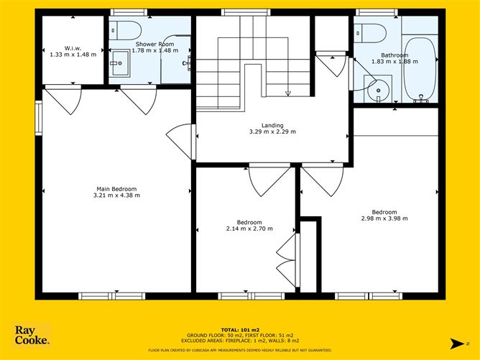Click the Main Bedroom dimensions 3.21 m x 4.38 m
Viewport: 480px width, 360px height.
tap(116, 195)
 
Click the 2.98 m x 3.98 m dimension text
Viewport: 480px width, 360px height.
tap(384, 218)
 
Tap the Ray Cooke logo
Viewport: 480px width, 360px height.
tap(32, 335)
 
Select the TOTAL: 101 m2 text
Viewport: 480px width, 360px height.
tap(240, 330)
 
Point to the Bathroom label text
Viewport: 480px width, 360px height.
tap(394, 55)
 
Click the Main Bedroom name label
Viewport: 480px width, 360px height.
tap(116, 188)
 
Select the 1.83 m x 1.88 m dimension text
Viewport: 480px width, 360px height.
tap(394, 62)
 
